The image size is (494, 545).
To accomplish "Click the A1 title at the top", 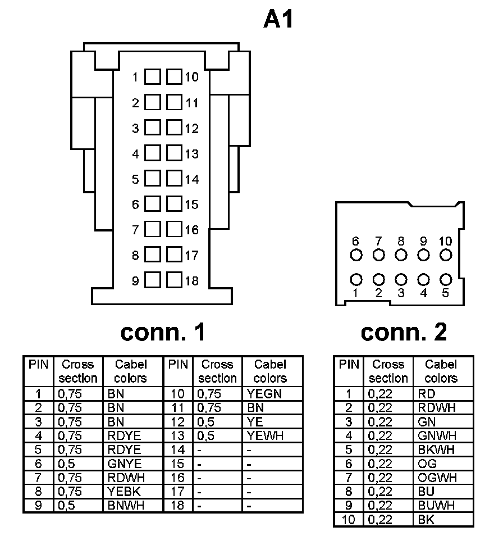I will tap(278, 21).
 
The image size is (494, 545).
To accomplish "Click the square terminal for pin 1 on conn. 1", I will tap(152, 77).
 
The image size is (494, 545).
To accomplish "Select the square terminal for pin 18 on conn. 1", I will tap(174, 280).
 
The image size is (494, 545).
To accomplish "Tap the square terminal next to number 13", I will tap(174, 153).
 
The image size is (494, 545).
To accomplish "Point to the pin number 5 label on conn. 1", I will tap(135, 180).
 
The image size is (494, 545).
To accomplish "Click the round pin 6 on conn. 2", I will tap(356, 255).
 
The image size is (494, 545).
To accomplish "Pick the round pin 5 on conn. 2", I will tap(446, 279).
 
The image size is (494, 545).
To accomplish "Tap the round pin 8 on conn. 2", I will tap(401, 255).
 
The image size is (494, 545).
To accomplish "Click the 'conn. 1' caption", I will tap(163, 333).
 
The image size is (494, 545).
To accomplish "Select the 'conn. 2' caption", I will tap(404, 333).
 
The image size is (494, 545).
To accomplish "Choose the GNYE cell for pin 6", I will tap(124, 464).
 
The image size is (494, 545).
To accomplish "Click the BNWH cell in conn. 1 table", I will tap(125, 506).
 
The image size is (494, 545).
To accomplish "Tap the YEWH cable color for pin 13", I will tap(264, 436).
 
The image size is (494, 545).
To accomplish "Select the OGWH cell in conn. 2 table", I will tap(437, 478).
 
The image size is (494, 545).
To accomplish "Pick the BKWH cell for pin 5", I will tap(436, 450).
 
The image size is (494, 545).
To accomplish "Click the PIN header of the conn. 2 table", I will tap(349, 365).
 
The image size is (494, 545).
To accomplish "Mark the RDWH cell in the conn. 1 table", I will tap(125, 478).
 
